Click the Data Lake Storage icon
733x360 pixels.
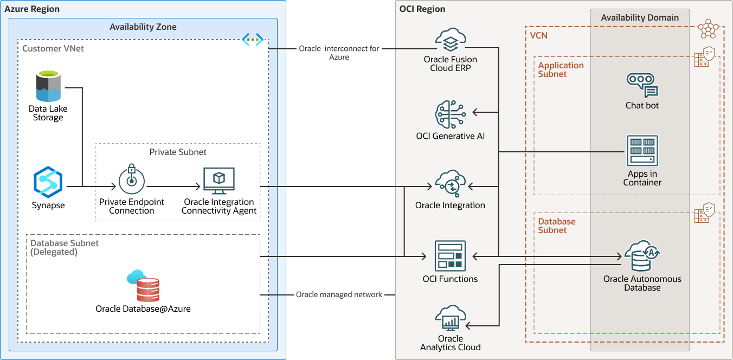[x=48, y=86]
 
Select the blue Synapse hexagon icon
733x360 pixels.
[x=48, y=182]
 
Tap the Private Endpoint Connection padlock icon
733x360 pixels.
[x=131, y=181]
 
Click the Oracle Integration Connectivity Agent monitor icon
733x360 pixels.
[x=218, y=181]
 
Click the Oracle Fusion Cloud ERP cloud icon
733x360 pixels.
[x=450, y=41]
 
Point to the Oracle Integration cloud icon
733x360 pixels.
[x=450, y=184]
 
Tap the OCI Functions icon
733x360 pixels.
[x=450, y=256]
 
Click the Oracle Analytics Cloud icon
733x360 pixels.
[x=450, y=319]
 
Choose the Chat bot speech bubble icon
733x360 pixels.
[x=642, y=86]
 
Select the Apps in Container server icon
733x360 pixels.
[x=642, y=151]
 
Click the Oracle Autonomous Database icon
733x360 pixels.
[x=642, y=256]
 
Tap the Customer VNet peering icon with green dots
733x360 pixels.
[x=252, y=40]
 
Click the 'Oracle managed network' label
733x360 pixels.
[x=339, y=295]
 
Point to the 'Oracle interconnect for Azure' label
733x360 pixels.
[x=339, y=53]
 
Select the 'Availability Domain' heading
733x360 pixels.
[x=640, y=18]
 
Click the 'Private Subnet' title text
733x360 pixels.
[x=178, y=152]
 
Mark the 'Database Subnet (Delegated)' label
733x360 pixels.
[x=65, y=247]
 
